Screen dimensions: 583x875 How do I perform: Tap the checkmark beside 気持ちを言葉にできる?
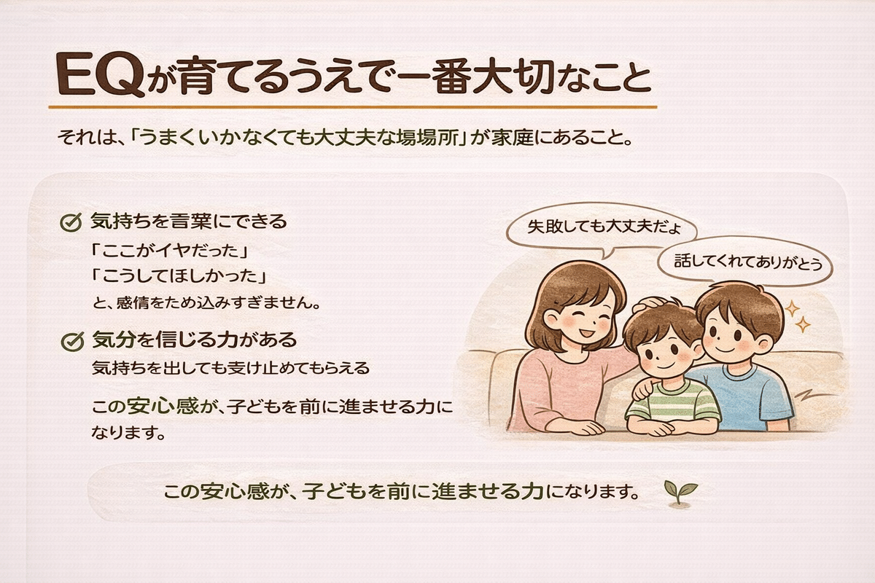click(x=69, y=221)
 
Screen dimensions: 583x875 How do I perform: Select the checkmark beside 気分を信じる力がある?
click(x=71, y=340)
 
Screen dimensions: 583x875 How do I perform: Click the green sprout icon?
click(x=681, y=491)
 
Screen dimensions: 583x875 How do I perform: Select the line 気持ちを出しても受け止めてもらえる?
click(x=230, y=369)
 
